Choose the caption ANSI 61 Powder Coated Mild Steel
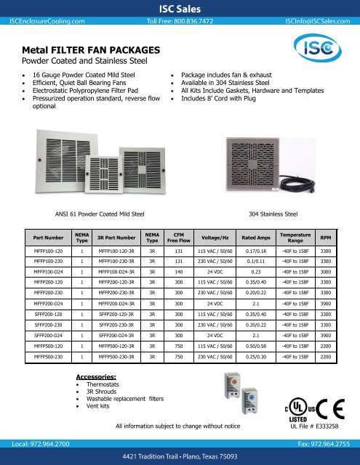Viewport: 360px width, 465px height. coord(100,215)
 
